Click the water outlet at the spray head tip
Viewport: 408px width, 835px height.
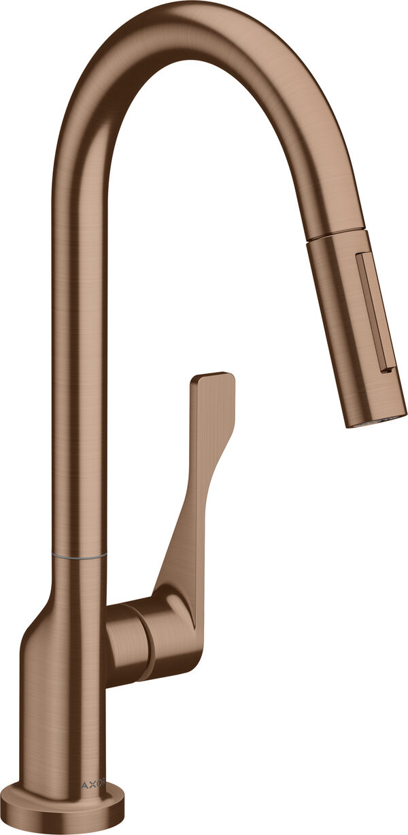(x=377, y=420)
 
